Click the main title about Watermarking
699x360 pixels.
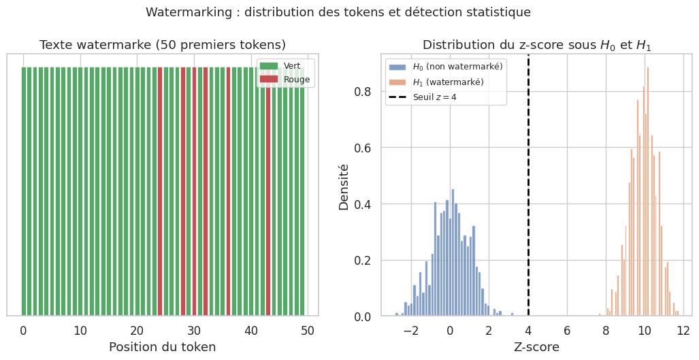[338, 12]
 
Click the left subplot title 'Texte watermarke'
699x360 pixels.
[163, 45]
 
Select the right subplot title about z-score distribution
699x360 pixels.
[537, 45]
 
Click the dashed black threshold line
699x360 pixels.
[528, 204]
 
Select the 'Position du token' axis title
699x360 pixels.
[163, 347]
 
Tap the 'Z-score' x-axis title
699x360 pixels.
[537, 347]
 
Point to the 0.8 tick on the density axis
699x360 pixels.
[363, 91]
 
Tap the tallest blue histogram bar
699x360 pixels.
[453, 252]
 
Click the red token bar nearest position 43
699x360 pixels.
[268, 191]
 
